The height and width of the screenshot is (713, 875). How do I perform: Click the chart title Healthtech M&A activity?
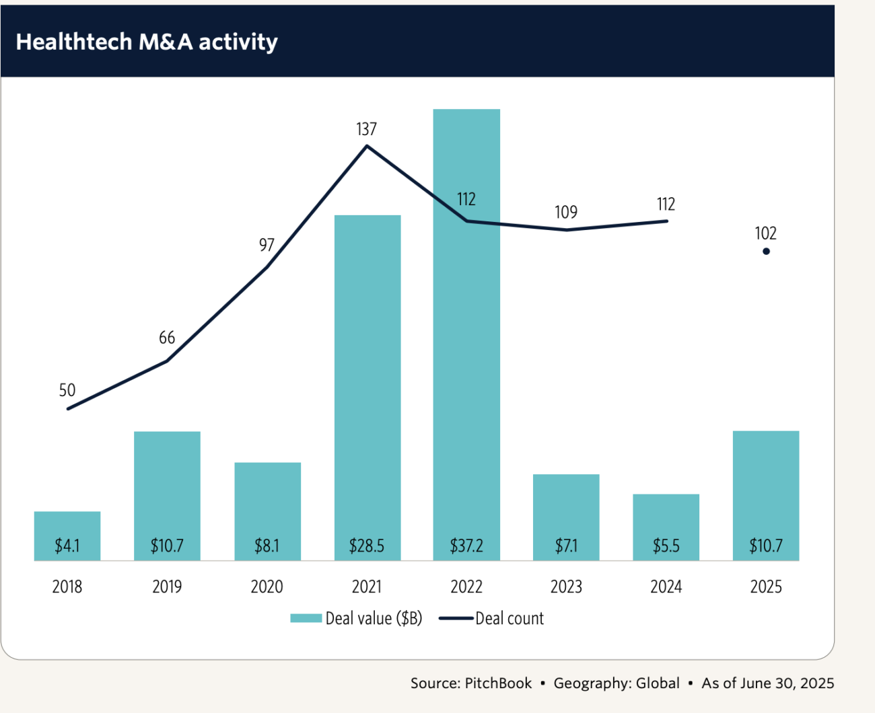click(147, 42)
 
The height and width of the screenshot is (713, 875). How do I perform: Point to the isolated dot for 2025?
click(766, 252)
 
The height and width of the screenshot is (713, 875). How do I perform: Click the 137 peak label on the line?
click(367, 128)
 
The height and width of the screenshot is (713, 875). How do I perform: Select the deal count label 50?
click(67, 390)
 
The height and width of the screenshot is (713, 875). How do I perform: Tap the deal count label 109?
click(566, 213)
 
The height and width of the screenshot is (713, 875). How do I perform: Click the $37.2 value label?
click(466, 546)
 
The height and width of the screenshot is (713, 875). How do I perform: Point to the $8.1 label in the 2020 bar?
click(267, 546)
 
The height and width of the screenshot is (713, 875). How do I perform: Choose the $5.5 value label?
click(666, 546)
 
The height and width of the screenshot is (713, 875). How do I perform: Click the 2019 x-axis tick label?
click(167, 587)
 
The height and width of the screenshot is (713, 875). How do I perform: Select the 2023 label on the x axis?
click(566, 587)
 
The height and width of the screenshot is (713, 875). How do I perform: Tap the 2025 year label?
click(766, 587)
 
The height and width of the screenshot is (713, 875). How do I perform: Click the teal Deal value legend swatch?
click(306, 618)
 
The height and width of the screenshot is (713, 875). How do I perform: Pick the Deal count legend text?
click(510, 618)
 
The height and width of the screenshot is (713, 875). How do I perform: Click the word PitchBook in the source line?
click(498, 683)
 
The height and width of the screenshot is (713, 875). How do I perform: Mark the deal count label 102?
click(766, 233)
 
